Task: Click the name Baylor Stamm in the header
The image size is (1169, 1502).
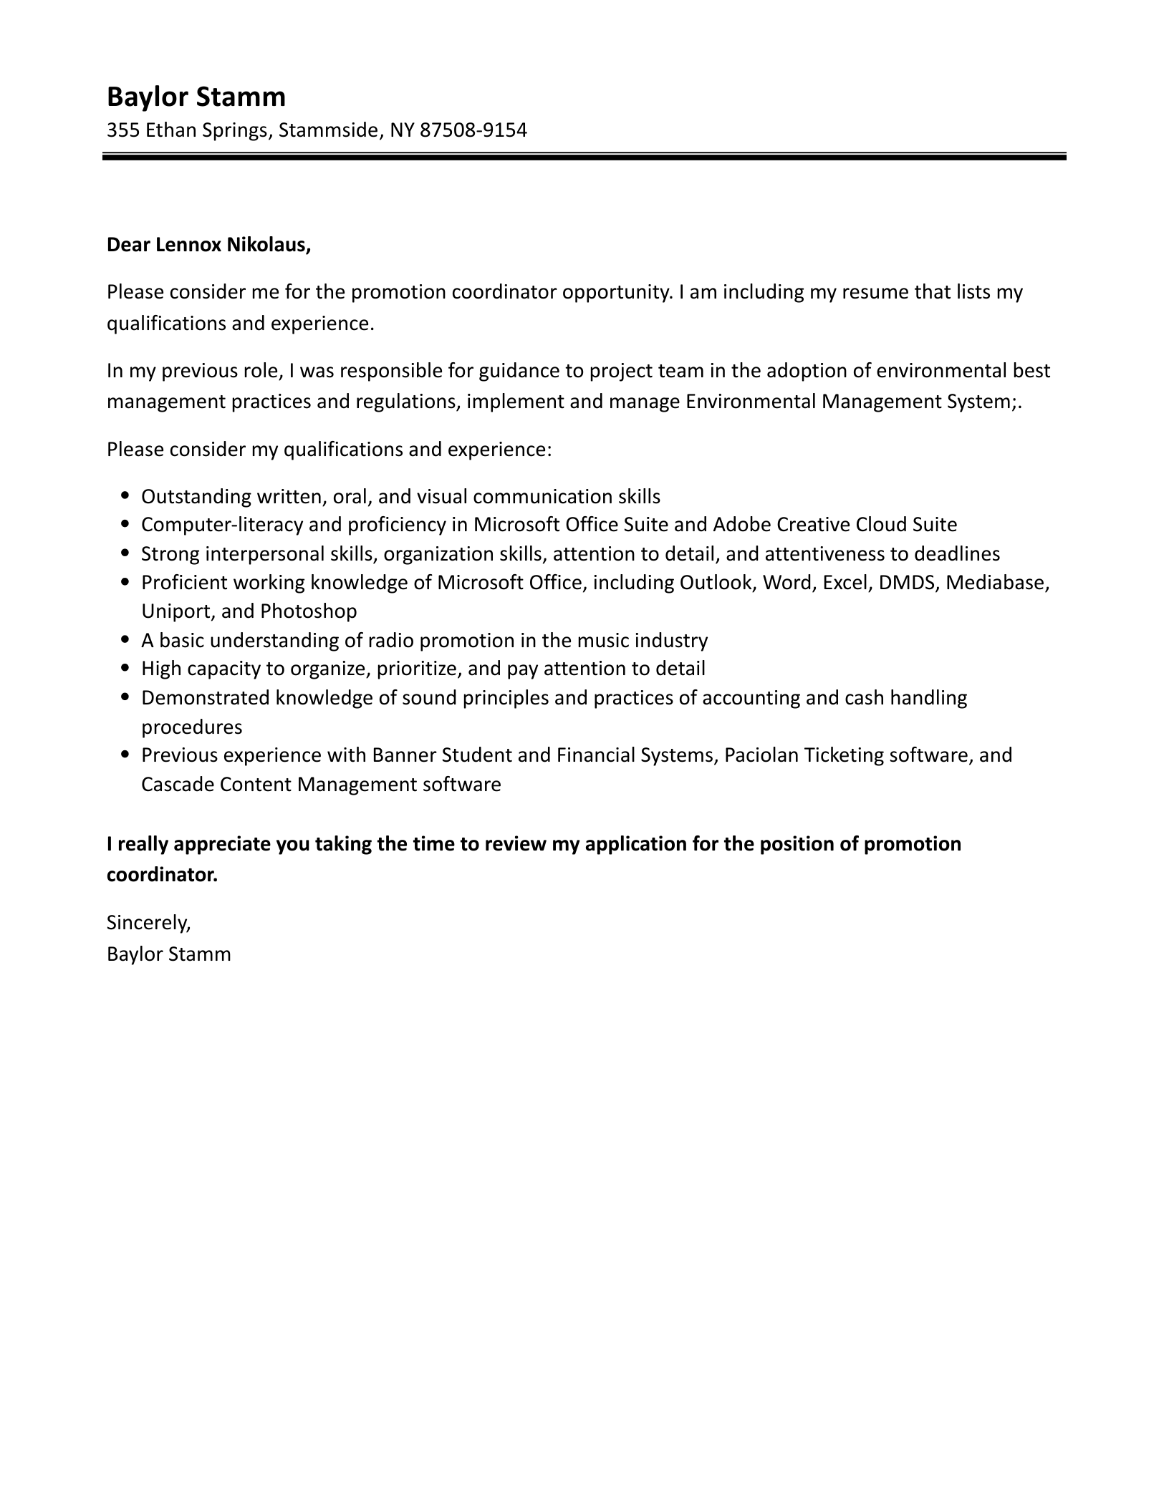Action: tap(196, 97)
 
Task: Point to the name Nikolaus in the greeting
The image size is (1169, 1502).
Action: tap(269, 246)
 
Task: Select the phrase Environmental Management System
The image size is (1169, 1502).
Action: tap(847, 402)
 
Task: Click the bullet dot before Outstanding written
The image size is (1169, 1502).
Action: tap(126, 495)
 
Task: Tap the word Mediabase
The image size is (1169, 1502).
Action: tap(997, 583)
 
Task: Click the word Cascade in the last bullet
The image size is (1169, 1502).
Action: tap(177, 785)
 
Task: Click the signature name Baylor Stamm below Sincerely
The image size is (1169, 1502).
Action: tap(169, 954)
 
